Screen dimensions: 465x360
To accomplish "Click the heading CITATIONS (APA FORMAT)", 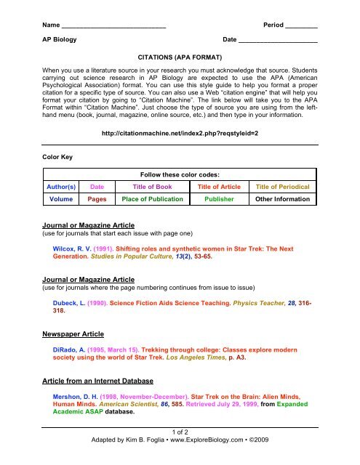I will pos(180,56).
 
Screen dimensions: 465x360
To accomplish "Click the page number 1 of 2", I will pos(180,430).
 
